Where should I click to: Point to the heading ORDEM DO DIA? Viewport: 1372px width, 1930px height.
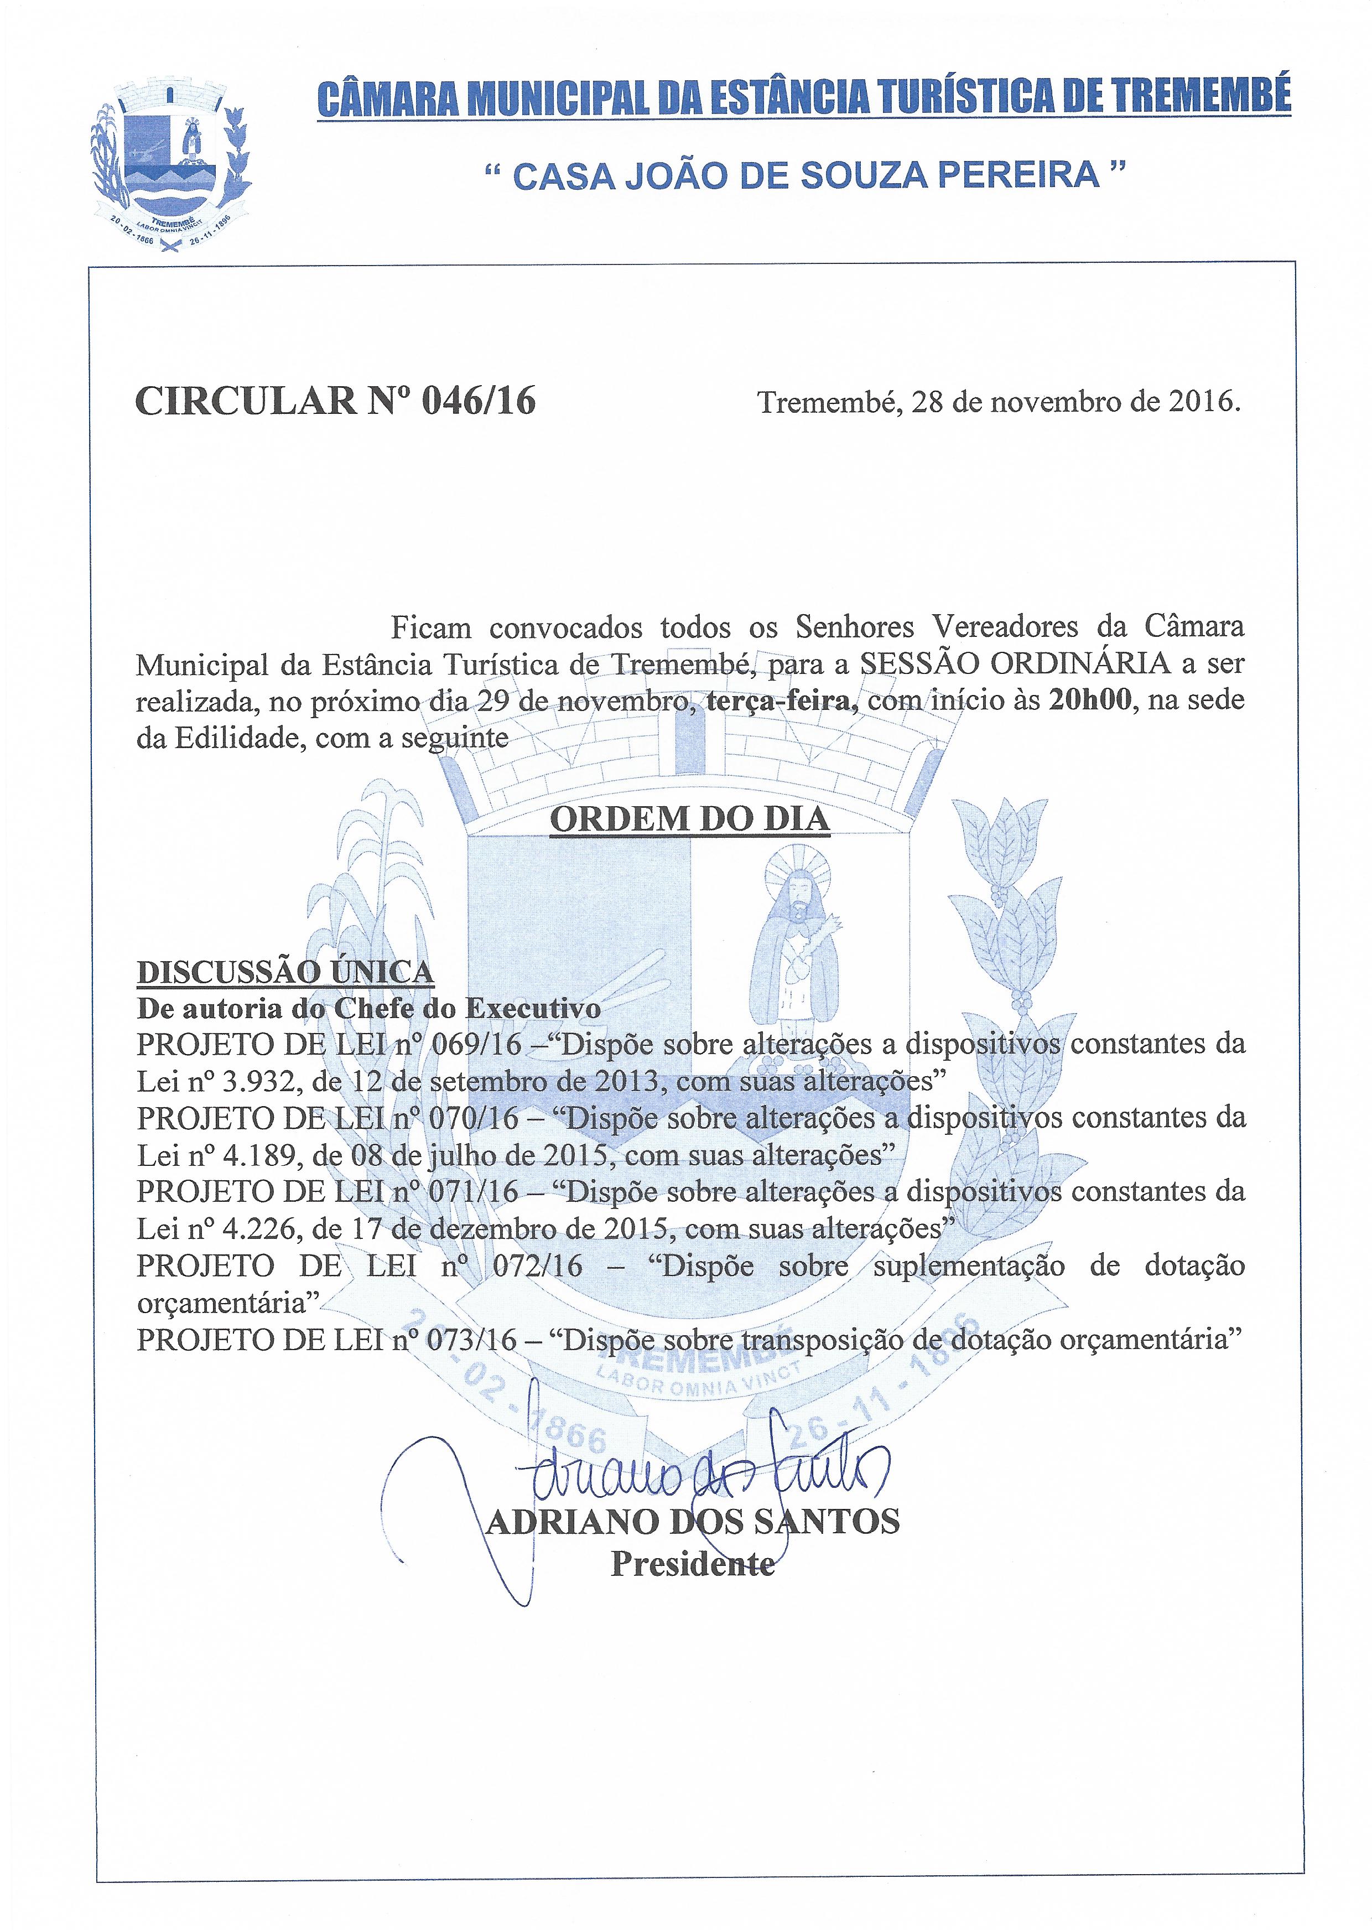click(689, 819)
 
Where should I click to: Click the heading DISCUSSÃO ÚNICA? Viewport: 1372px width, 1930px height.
click(285, 973)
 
